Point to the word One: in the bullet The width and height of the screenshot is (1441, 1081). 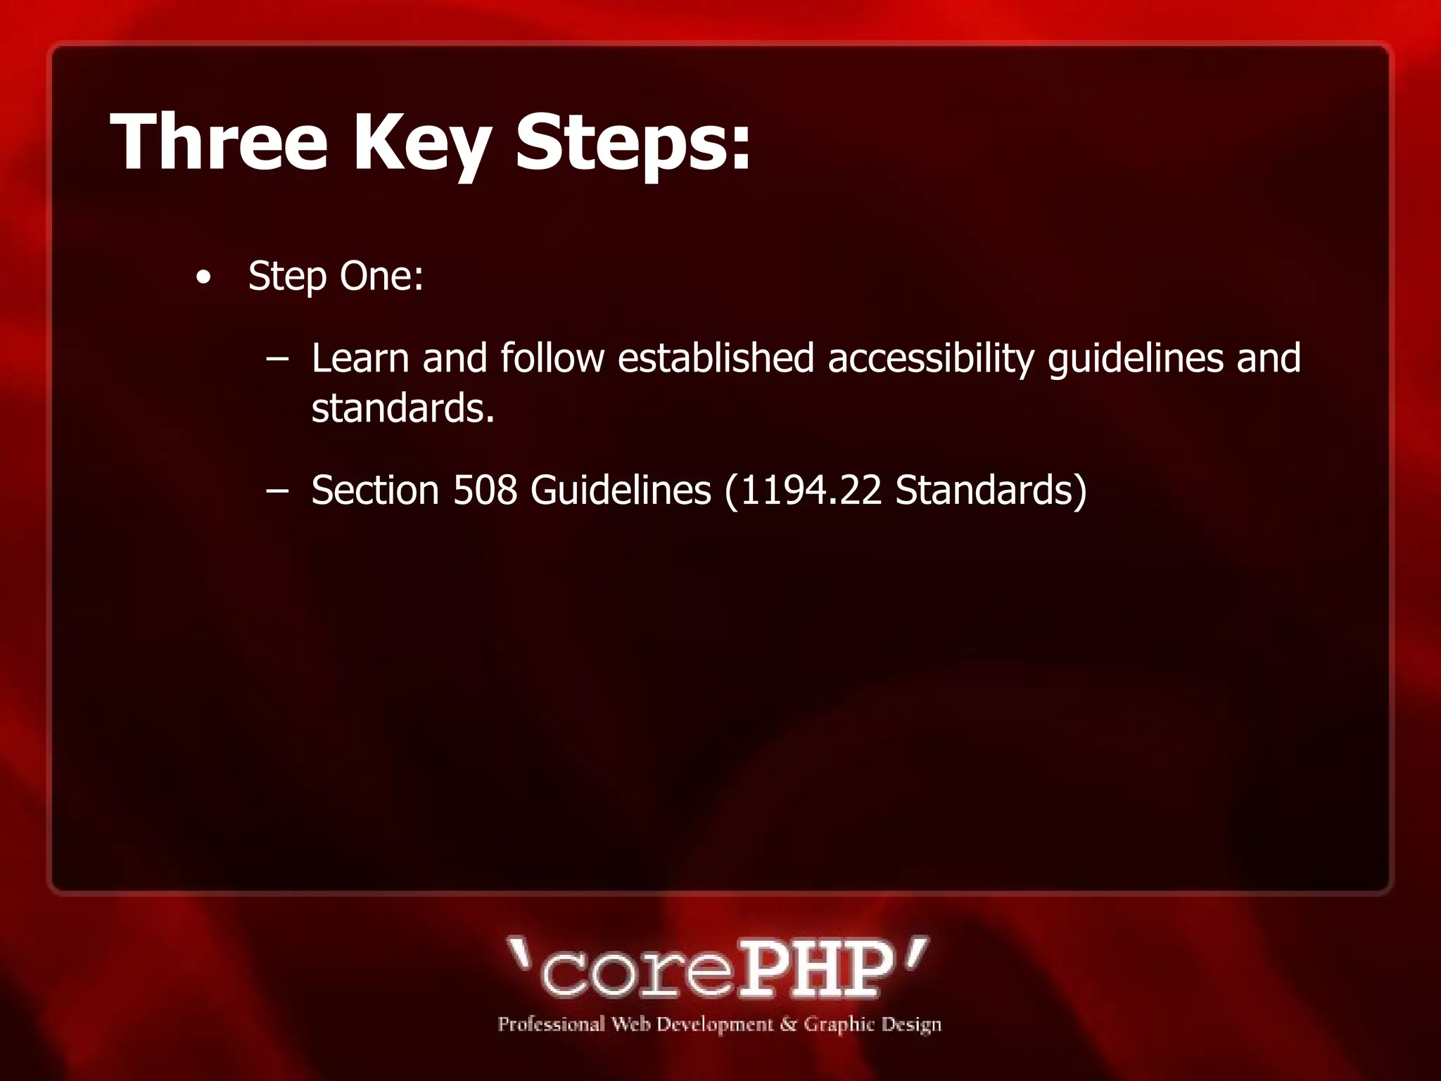(381, 275)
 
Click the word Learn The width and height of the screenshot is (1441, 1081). (360, 358)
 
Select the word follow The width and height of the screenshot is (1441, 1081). (552, 358)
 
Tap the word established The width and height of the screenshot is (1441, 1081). (716, 358)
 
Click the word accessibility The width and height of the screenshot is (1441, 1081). (930, 359)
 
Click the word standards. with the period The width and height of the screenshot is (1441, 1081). (403, 408)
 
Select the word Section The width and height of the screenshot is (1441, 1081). (375, 490)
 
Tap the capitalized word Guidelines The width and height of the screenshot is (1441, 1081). (621, 490)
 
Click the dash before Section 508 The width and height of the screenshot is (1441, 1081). (278, 491)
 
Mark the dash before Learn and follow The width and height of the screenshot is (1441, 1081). (278, 359)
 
